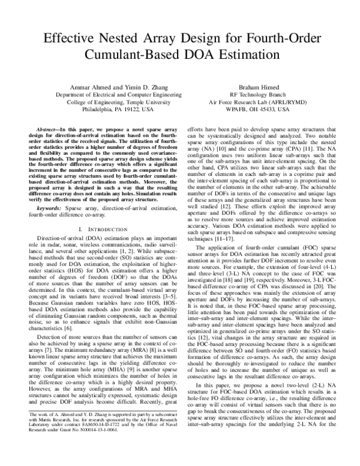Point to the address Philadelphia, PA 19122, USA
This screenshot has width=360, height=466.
(x=114, y=110)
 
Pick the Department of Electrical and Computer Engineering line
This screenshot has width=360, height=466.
(x=114, y=94)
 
